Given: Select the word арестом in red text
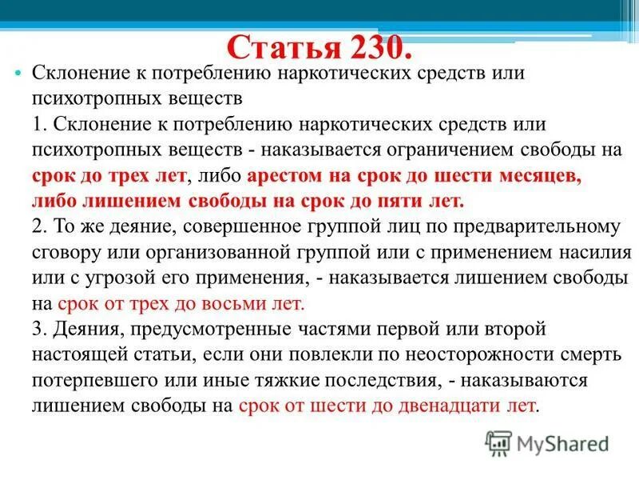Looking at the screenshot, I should [x=287, y=176].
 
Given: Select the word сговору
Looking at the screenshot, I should [x=64, y=253].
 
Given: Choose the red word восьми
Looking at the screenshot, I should [x=240, y=304].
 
